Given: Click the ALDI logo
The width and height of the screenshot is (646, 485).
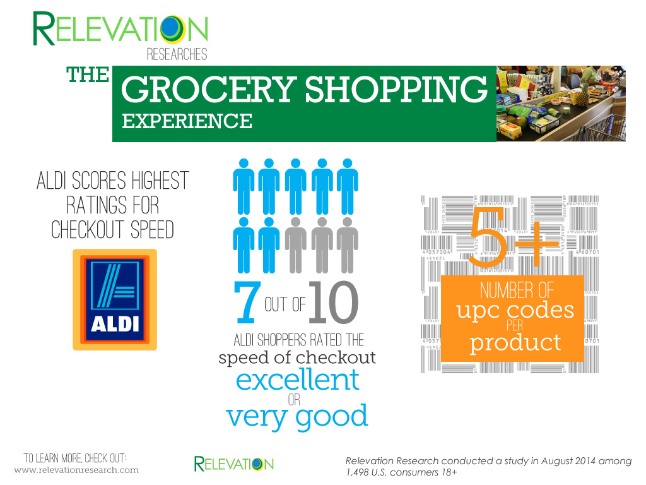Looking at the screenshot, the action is tap(115, 300).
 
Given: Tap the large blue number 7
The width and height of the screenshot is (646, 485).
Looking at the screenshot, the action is tap(247, 302).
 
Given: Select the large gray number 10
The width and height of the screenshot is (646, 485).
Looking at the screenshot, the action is tap(333, 302).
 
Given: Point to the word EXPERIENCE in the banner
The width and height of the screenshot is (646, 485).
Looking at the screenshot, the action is tap(187, 121).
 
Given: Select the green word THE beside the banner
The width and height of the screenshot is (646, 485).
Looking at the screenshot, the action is tap(88, 75).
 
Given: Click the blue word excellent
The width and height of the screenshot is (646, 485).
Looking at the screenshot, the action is tap(298, 380).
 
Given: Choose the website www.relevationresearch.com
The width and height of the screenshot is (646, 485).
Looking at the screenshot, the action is tap(76, 470).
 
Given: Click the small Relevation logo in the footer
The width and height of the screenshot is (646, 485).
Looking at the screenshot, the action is tap(233, 464).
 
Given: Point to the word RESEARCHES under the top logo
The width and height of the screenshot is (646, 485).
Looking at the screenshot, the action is tap(177, 54).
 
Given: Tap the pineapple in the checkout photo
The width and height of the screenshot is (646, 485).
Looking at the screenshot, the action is tap(583, 94).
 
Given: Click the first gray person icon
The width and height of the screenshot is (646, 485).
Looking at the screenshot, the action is tap(295, 246).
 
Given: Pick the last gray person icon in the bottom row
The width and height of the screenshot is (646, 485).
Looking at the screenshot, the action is tap(348, 246).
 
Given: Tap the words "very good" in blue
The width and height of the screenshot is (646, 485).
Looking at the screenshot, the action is tap(297, 417).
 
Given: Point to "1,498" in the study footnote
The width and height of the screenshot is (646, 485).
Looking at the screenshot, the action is tap(357, 472).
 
